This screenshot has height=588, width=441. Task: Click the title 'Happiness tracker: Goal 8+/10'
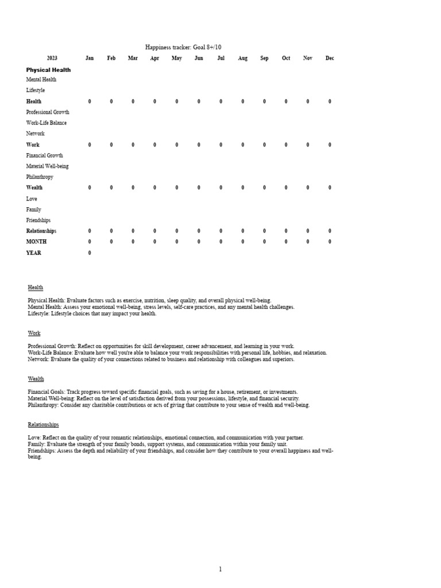[183, 47]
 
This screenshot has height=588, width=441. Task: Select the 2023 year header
[52, 58]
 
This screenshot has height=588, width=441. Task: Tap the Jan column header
[90, 58]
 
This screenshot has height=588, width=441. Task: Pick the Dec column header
[330, 58]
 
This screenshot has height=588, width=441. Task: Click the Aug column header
[243, 58]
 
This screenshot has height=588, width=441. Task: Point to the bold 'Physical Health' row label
[49, 70]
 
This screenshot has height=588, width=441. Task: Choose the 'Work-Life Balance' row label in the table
[47, 123]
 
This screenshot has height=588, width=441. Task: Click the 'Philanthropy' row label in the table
[40, 177]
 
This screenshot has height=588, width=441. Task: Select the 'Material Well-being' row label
[47, 166]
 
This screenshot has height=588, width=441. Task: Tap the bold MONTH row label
[36, 242]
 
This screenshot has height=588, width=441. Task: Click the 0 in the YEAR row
[90, 253]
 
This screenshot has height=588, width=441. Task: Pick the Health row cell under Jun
[199, 102]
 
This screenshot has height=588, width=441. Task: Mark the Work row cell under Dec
[330, 145]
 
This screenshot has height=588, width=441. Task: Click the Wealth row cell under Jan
[90, 188]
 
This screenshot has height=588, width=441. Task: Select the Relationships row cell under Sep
[264, 231]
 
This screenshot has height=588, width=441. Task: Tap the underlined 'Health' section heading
[36, 287]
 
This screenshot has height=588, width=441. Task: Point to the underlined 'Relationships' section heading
[44, 424]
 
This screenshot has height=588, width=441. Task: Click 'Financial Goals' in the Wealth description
[46, 392]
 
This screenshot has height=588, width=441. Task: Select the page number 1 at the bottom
[220, 569]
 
